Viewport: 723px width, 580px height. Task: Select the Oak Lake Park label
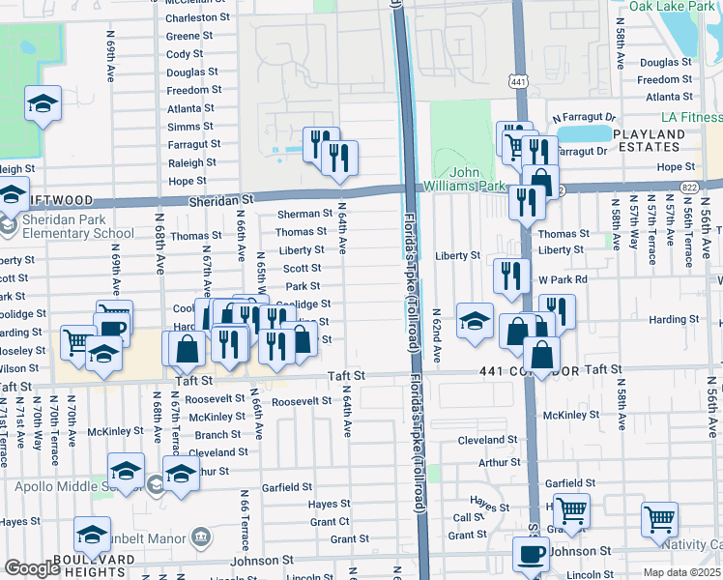670,6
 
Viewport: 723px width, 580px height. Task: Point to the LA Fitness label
691,117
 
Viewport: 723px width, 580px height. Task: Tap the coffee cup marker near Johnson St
530,555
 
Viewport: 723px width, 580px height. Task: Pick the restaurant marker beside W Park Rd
511,275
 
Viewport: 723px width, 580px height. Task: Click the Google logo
32,568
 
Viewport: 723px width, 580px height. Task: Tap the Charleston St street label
197,17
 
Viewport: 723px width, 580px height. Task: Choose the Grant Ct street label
330,522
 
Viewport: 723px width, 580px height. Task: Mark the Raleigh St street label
192,162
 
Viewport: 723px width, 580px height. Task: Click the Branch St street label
217,435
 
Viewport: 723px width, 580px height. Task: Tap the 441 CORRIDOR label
530,371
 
